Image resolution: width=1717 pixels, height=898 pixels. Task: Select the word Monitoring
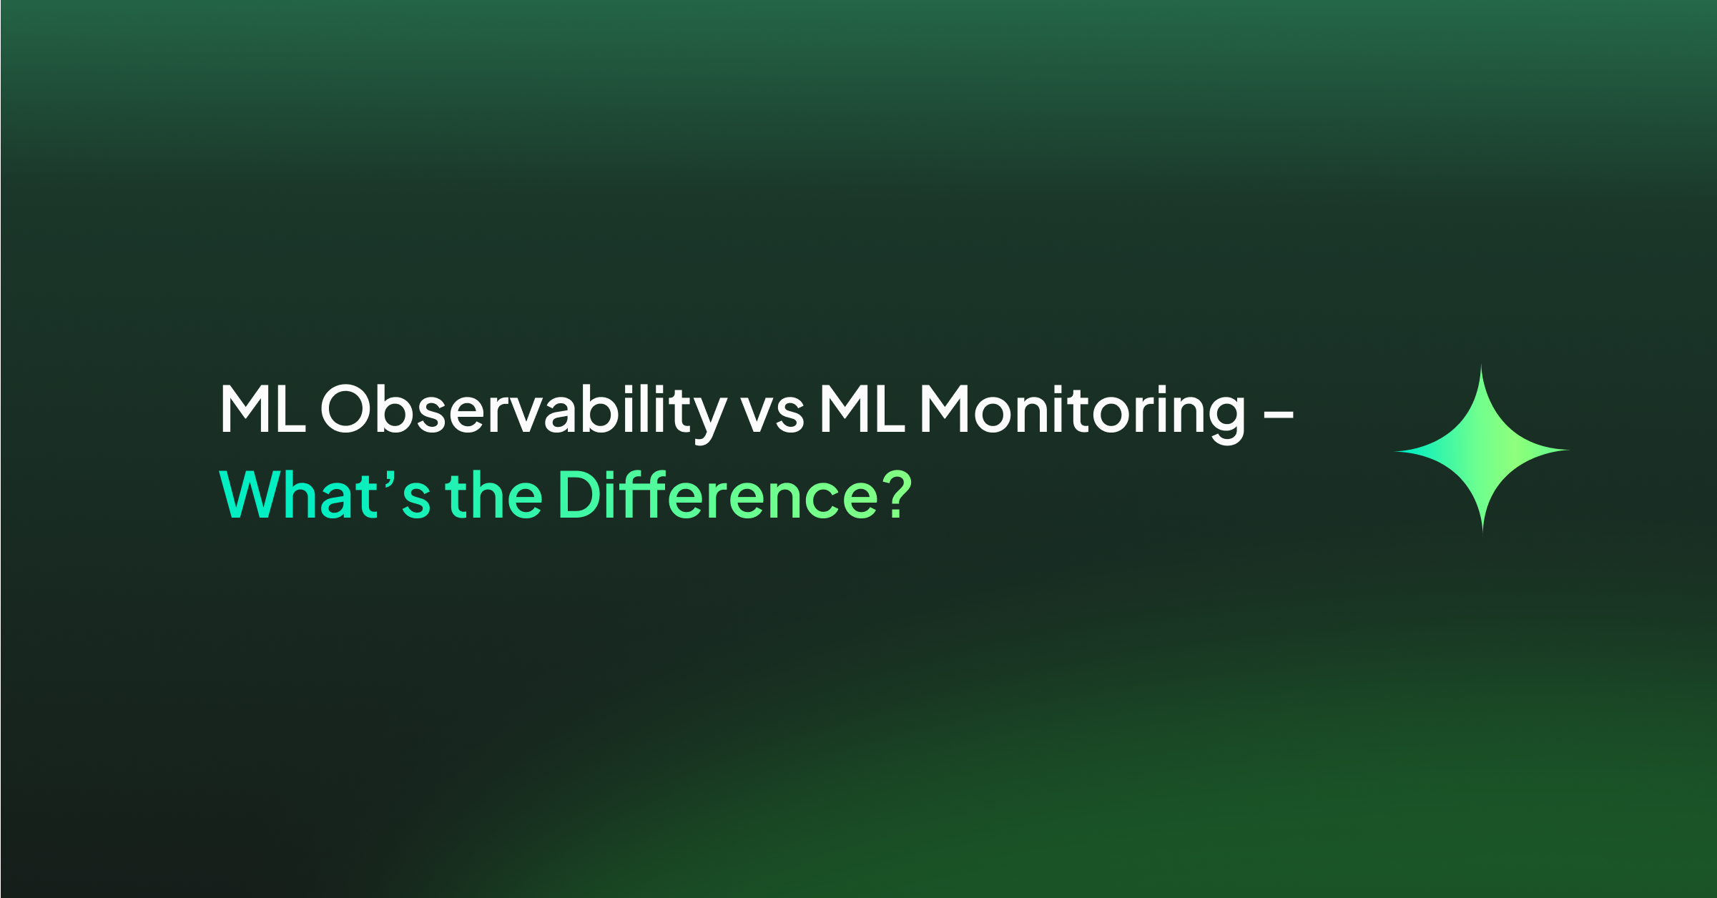point(1083,413)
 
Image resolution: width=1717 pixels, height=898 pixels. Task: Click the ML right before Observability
point(263,409)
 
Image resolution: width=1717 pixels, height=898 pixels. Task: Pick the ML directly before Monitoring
point(862,409)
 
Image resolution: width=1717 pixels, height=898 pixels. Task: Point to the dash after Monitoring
point(1279,415)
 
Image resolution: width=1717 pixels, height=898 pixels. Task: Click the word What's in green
point(325,494)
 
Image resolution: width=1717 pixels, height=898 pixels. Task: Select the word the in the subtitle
point(493,494)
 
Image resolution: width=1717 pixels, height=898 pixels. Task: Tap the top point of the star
point(1481,365)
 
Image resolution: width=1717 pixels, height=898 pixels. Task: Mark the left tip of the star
point(1394,451)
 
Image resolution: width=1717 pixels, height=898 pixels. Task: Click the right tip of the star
point(1570,450)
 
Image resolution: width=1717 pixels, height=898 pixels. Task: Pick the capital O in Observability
point(345,409)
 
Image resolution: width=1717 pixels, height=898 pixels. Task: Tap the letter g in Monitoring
point(1226,423)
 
